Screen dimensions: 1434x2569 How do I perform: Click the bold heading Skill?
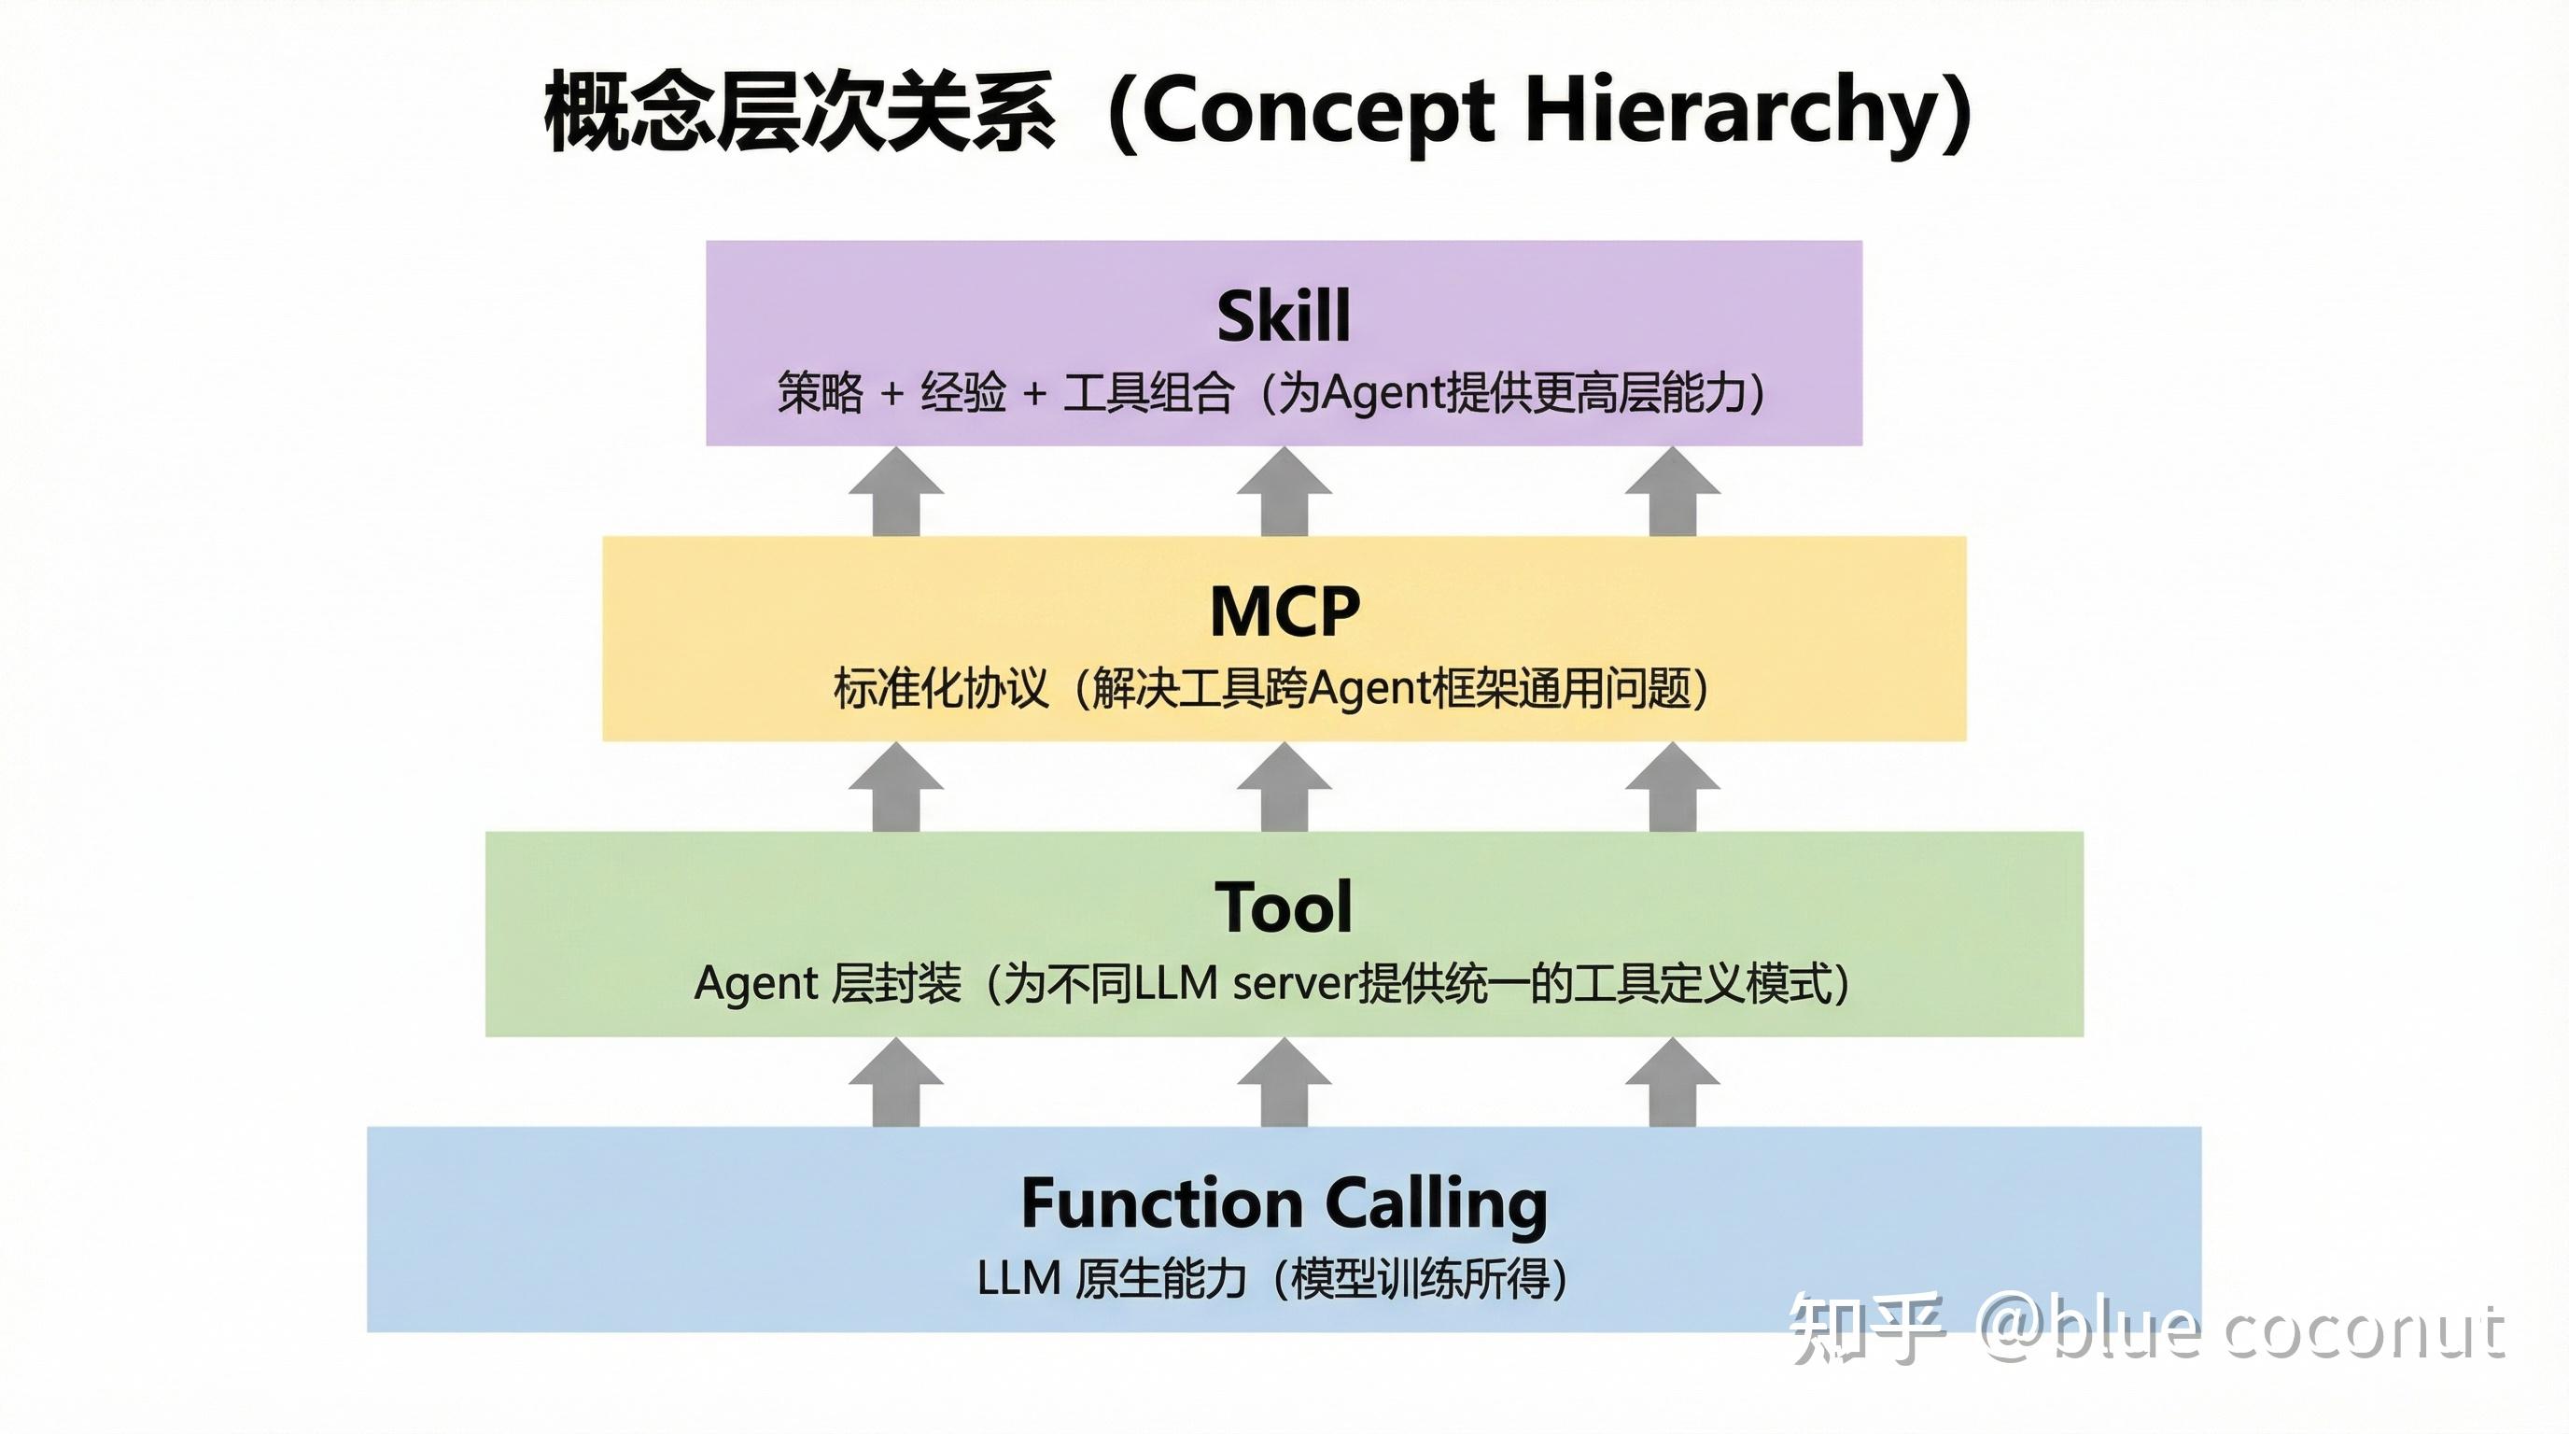click(1284, 316)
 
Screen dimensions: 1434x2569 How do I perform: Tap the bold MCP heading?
click(1284, 612)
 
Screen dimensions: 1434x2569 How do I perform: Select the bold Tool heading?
click(1284, 907)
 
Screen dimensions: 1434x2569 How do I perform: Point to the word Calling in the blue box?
click(1436, 1204)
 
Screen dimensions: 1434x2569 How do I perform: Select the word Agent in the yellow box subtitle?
click(1369, 689)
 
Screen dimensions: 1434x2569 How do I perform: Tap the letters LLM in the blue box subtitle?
click(1018, 1278)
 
